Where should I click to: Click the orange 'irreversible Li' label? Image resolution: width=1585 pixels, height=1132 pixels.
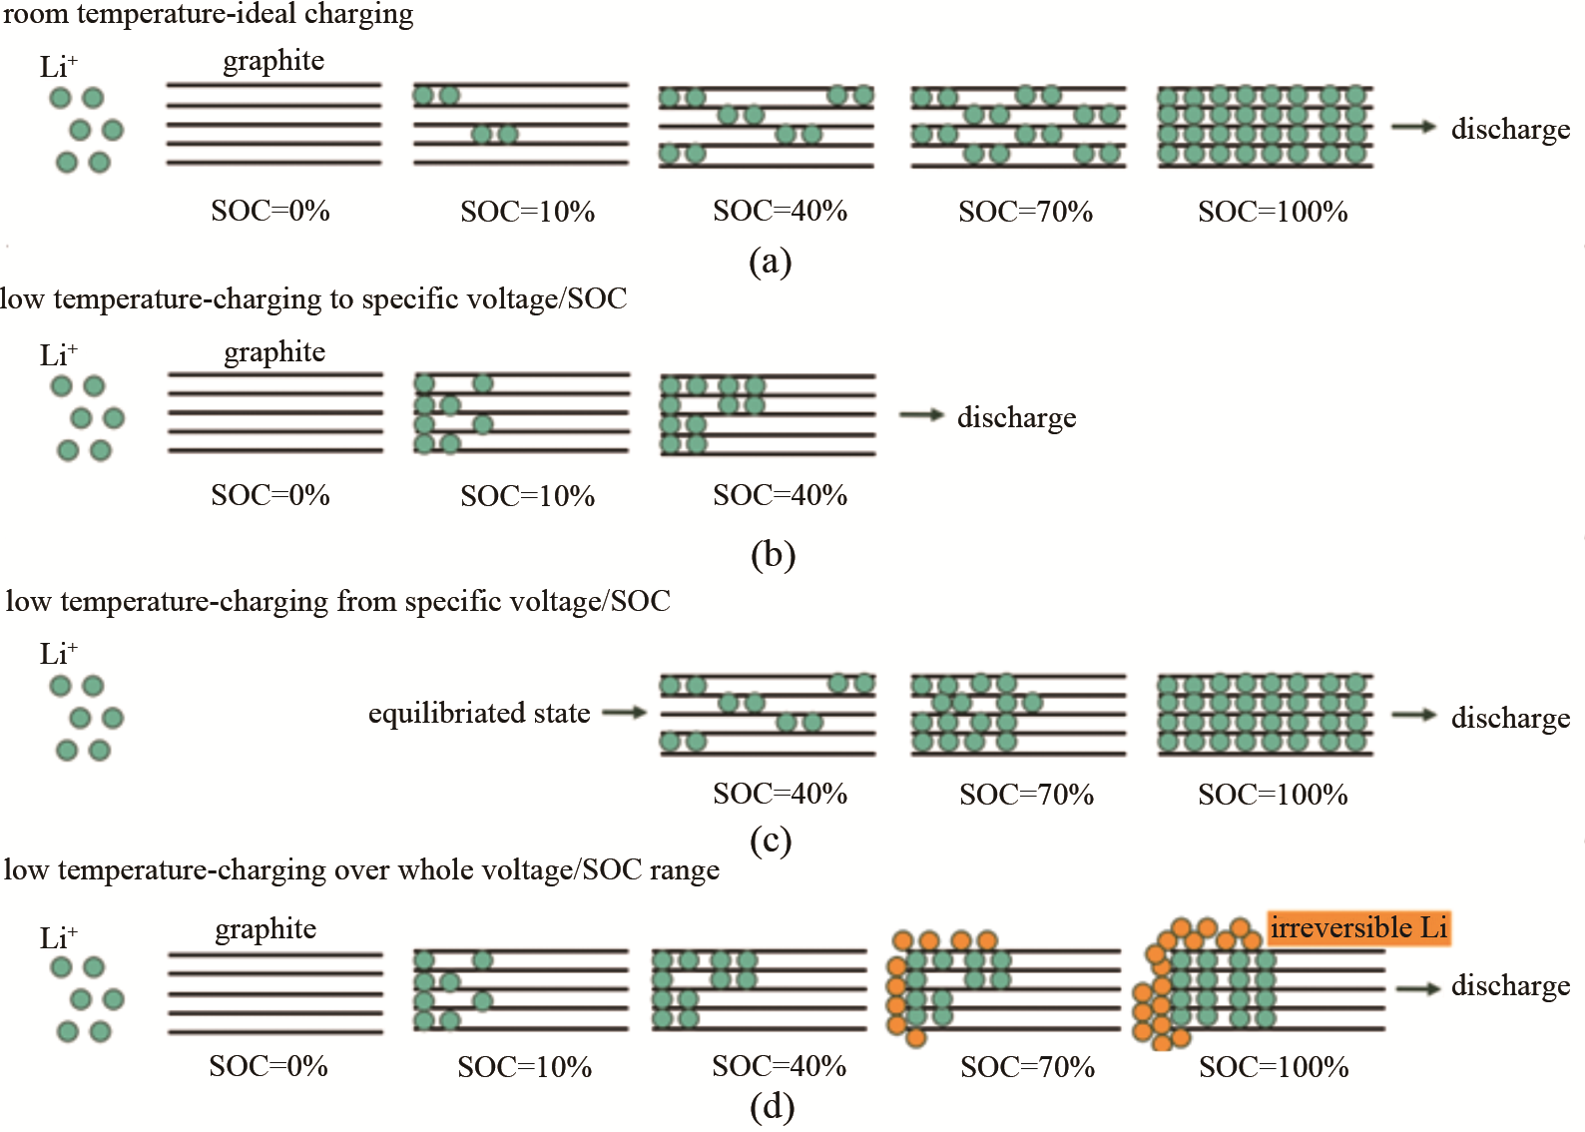(x=1358, y=927)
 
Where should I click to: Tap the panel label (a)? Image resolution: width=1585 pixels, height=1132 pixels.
(x=770, y=262)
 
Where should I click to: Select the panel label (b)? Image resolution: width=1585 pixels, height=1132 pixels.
(x=773, y=555)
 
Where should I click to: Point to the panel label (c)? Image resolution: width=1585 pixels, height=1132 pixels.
(x=771, y=841)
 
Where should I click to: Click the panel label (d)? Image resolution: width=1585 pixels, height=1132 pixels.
(x=772, y=1106)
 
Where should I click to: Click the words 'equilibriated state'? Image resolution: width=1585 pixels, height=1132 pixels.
(x=479, y=713)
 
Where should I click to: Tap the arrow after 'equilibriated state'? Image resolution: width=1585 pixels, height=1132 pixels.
(x=625, y=713)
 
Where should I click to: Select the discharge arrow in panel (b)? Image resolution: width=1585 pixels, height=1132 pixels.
(x=921, y=415)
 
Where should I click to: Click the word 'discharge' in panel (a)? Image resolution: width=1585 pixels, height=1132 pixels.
(x=1510, y=129)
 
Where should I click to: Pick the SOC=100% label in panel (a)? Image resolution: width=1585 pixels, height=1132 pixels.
(x=1273, y=212)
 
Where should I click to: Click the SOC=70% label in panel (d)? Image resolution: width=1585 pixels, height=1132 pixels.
(x=1027, y=1067)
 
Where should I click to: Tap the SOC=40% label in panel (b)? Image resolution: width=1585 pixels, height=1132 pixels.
(x=780, y=495)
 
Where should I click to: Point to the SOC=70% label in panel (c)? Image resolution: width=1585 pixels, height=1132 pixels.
(x=1026, y=795)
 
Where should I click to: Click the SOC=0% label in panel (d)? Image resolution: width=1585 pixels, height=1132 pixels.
(x=268, y=1066)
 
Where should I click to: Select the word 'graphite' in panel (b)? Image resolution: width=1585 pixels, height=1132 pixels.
(x=274, y=352)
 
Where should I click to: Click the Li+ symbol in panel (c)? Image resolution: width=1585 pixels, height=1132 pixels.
(x=58, y=654)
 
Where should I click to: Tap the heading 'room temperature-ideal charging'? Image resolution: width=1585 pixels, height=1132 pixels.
(x=208, y=14)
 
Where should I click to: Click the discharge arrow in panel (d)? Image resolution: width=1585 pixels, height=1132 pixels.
(x=1417, y=987)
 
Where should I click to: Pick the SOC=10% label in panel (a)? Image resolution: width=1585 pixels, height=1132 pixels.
(x=527, y=212)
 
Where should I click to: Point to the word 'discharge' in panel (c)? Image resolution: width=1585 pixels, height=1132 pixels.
(x=1510, y=718)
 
